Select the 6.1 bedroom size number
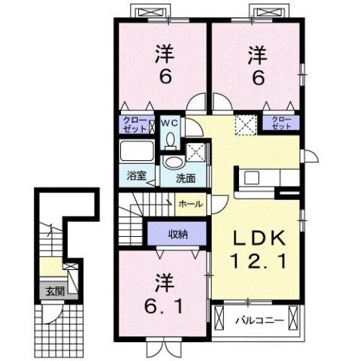pyautogui.click(x=163, y=306)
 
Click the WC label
pyautogui.click(x=170, y=120)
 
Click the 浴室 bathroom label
pyautogui.click(x=136, y=177)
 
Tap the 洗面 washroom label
pyautogui.click(x=186, y=178)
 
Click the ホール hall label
pyautogui.click(x=189, y=203)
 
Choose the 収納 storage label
pyautogui.click(x=177, y=233)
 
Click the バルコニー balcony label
pyautogui.click(x=259, y=320)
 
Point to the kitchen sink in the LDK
pyautogui.click(x=251, y=178)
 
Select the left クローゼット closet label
pyautogui.click(x=136, y=123)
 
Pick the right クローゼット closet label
pyautogui.click(x=281, y=123)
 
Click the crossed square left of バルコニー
pyautogui.click(x=219, y=320)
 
